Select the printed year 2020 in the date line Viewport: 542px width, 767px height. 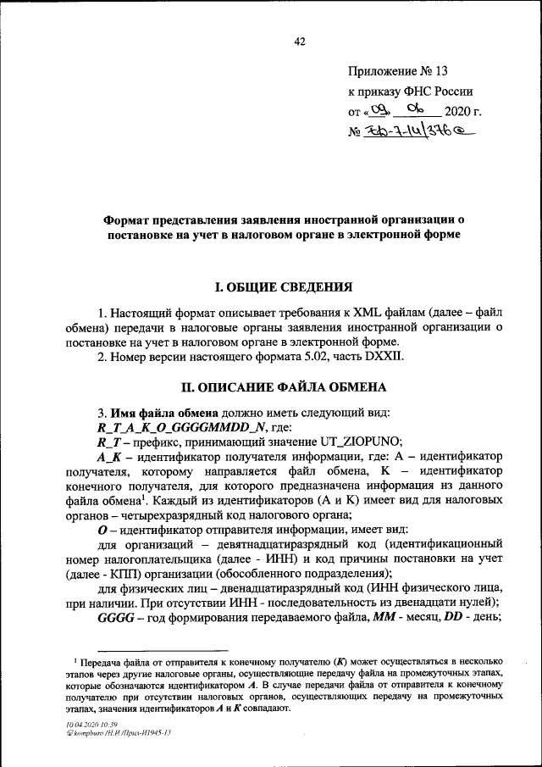tap(462, 111)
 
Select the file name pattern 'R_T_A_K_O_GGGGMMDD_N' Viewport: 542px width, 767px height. tap(178, 429)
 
